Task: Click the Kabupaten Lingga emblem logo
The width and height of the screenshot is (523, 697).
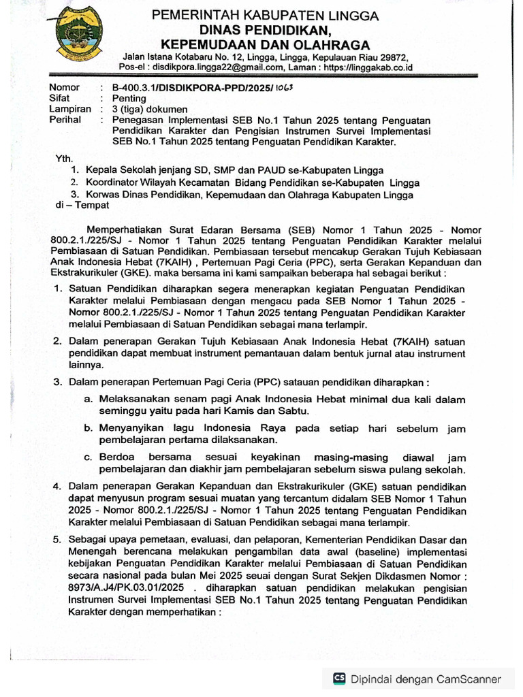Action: tap(77, 33)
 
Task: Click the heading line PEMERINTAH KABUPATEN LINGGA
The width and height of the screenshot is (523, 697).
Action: tap(265, 15)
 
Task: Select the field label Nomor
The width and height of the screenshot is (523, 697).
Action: tap(65, 88)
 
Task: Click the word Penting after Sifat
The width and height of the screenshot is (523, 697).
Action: tap(128, 99)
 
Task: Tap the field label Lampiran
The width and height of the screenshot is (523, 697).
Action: tap(69, 110)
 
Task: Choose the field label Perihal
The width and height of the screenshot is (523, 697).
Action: tap(66, 120)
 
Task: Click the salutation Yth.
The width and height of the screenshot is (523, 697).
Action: tap(65, 158)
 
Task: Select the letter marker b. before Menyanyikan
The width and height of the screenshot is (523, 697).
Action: tap(89, 429)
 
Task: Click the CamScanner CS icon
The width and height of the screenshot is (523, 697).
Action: tap(338, 679)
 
